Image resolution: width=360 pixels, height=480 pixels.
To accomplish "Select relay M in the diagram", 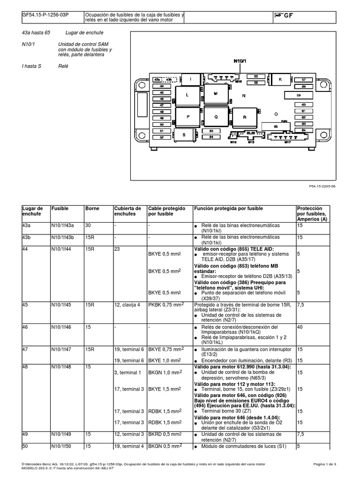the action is pos(216,94).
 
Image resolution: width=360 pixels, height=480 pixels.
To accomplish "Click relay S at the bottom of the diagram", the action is pos(184,135).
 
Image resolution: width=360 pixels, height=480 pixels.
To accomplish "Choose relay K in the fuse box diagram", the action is pos(280,80).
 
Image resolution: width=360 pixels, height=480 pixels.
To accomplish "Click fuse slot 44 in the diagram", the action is pos(162,86).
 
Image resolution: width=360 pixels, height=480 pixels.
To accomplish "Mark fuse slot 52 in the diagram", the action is pos(162,137).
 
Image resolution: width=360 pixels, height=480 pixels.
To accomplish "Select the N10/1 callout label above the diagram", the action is pos(240,61).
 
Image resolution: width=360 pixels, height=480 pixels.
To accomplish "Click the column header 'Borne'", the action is pos(92,208).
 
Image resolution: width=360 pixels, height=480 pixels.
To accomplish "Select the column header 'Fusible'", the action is pos(60,208).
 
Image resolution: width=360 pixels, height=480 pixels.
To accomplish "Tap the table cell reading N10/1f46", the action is pos(62,327).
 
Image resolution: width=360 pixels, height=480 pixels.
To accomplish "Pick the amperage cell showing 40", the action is pos(300,327).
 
